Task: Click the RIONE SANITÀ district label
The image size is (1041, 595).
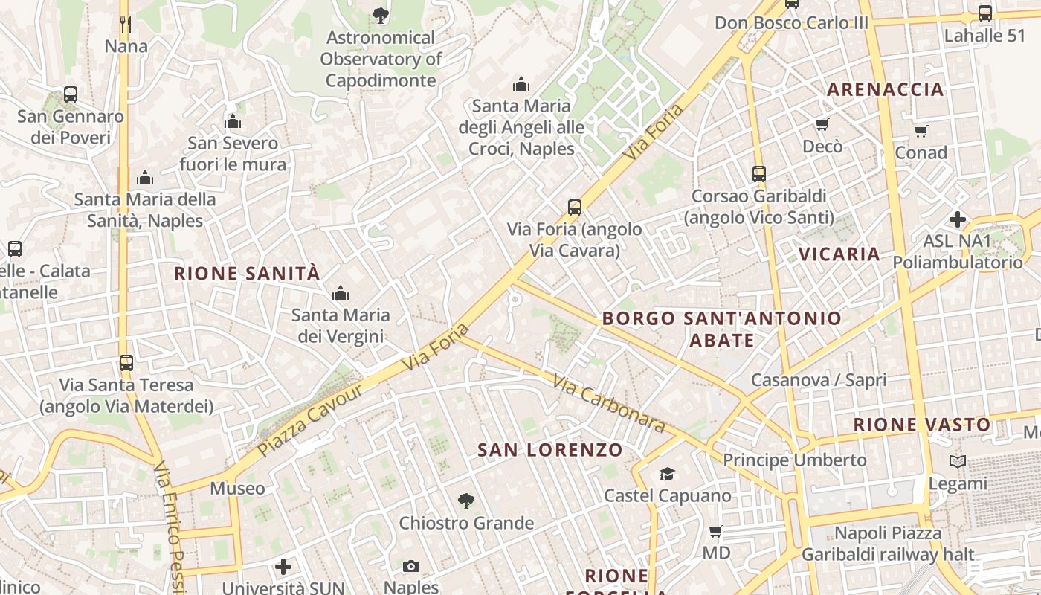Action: (247, 273)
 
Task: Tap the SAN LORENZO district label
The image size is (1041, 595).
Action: (549, 450)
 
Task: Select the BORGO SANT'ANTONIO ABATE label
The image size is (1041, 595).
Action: (721, 329)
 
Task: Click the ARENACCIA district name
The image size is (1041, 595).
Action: (885, 89)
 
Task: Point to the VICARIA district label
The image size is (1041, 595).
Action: (839, 254)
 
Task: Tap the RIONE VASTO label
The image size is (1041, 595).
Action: (921, 425)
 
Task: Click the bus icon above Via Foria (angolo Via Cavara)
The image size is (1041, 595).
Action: (574, 208)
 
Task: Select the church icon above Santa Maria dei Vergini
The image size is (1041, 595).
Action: (341, 294)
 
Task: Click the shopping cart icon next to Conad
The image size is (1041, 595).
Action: (921, 132)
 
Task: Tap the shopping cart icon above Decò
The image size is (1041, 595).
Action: (822, 124)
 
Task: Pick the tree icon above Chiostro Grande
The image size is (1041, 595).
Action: (465, 501)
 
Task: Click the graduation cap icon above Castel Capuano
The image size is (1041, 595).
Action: (667, 474)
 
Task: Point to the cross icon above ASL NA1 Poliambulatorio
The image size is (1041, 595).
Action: (958, 219)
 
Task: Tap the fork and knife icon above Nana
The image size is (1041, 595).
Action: (126, 25)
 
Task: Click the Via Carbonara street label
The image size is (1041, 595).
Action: (608, 402)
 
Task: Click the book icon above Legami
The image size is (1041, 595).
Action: (958, 462)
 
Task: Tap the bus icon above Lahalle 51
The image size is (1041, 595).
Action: (984, 13)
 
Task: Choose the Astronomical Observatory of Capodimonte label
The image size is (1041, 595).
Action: (381, 59)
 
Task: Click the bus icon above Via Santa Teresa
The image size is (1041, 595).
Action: (126, 363)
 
